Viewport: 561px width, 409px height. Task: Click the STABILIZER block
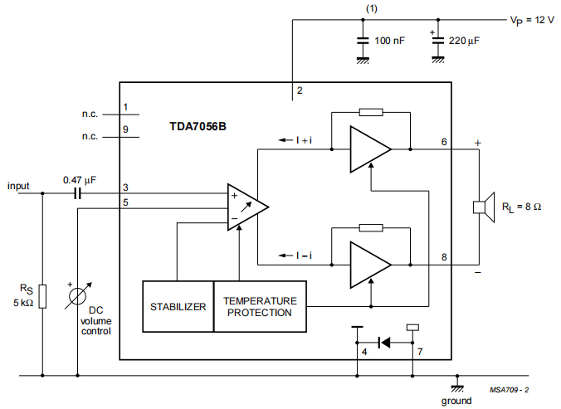pyautogui.click(x=178, y=306)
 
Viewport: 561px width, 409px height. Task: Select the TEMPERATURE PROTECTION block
pyautogui.click(x=261, y=306)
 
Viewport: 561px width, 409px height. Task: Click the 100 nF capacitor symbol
pyautogui.click(x=363, y=40)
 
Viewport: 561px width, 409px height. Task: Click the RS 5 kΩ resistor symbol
pyautogui.click(x=42, y=295)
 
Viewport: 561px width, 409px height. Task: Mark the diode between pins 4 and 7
pyautogui.click(x=384, y=341)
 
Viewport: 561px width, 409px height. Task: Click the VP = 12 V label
pyautogui.click(x=531, y=20)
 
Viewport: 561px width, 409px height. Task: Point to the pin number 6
pyautogui.click(x=444, y=142)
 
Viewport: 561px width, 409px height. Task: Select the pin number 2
pyautogui.click(x=300, y=90)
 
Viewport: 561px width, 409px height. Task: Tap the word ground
pyautogui.click(x=456, y=401)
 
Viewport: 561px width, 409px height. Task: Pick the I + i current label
pyautogui.click(x=305, y=140)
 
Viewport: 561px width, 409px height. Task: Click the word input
pyautogui.click(x=19, y=186)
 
